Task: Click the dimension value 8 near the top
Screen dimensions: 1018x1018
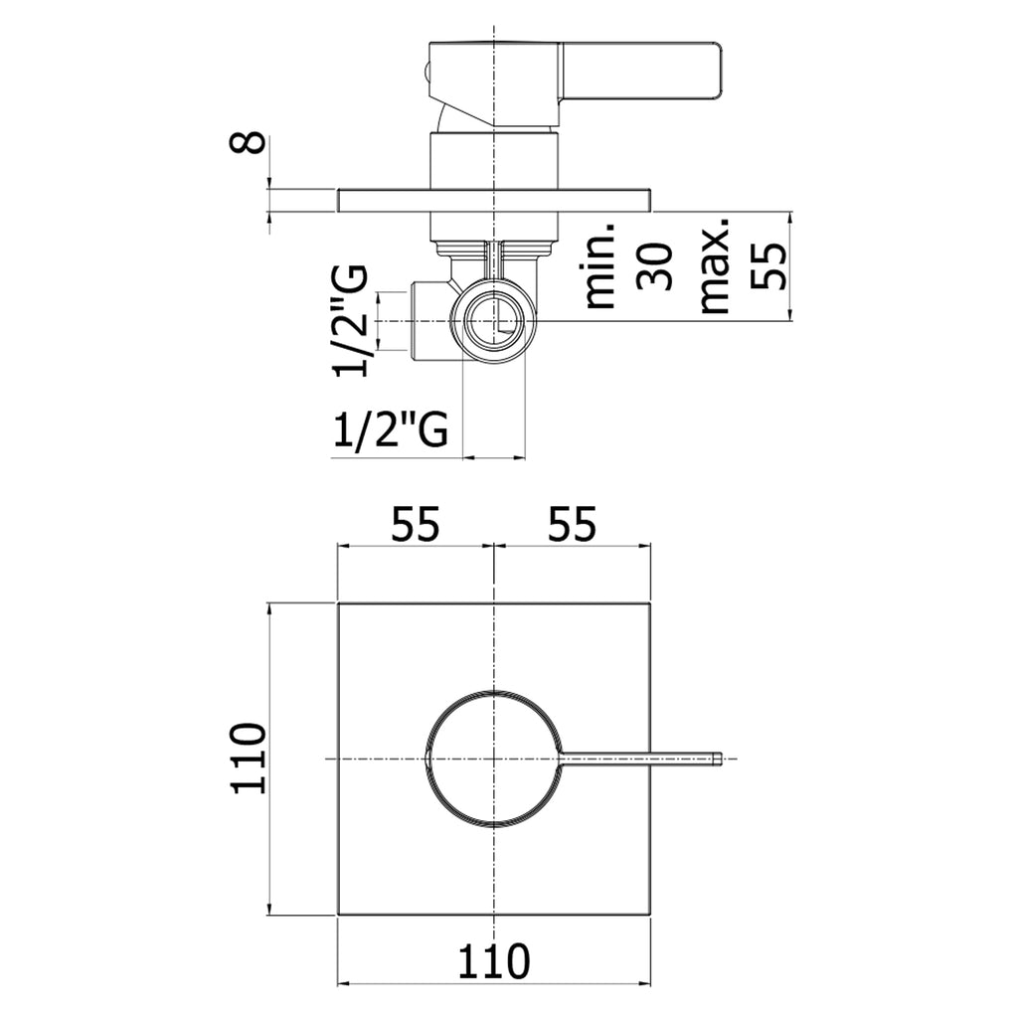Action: (x=248, y=142)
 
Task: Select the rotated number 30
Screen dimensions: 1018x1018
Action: (x=654, y=265)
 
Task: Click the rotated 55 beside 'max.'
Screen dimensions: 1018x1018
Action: (x=768, y=265)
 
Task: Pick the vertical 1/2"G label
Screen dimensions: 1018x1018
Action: (x=351, y=321)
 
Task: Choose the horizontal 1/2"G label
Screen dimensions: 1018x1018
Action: (x=390, y=428)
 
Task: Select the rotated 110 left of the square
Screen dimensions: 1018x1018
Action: (x=249, y=758)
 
